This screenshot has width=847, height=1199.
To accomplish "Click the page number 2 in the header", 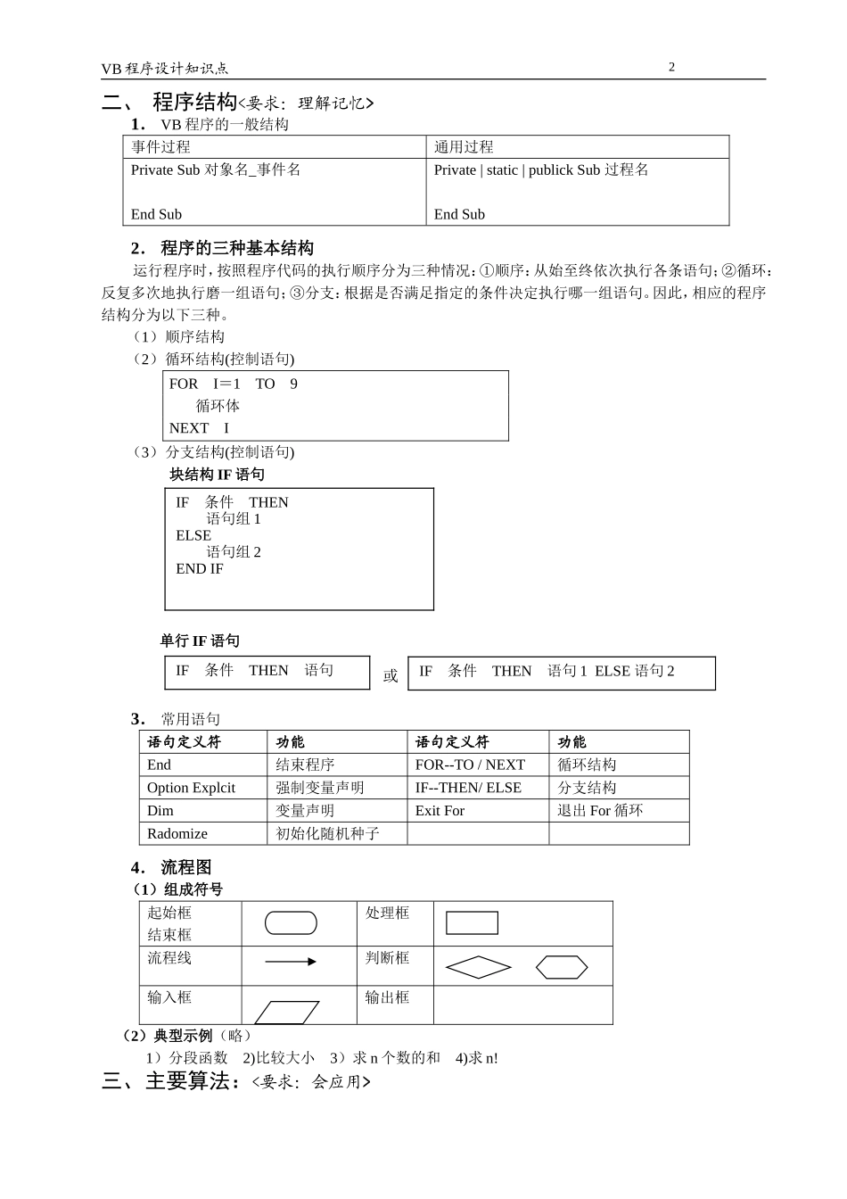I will coord(671,67).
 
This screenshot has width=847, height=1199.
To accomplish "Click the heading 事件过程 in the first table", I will coord(160,147).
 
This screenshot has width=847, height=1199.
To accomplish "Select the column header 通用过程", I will coord(464,147).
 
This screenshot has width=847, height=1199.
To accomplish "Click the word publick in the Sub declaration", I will coord(550,170).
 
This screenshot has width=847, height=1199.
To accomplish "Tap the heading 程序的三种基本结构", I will coord(236,248).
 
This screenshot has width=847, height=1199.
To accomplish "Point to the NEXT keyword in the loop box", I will coord(188,428).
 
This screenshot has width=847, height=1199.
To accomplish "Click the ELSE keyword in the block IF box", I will coord(193,535).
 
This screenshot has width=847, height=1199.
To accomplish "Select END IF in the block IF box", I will coord(200,569).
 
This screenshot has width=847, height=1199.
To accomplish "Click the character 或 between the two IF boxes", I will coord(391,675).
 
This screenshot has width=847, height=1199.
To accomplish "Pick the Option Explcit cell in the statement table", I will coord(191,788).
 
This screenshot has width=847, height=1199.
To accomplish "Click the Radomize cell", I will coord(177,834).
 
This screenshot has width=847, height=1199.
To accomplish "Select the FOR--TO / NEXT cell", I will coord(470,765).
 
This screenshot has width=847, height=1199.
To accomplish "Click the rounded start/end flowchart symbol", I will coord(291,922).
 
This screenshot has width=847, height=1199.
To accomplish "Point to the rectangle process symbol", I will coord(472,922).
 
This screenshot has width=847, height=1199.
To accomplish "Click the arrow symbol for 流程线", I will coord(291,962).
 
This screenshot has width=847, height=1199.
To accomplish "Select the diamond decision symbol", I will coord(479,967).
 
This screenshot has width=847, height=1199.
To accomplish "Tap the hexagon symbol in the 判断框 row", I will coord(562,967).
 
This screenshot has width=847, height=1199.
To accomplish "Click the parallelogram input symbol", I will coord(287,1012).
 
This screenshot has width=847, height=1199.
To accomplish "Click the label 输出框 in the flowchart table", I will coord(387,997).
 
